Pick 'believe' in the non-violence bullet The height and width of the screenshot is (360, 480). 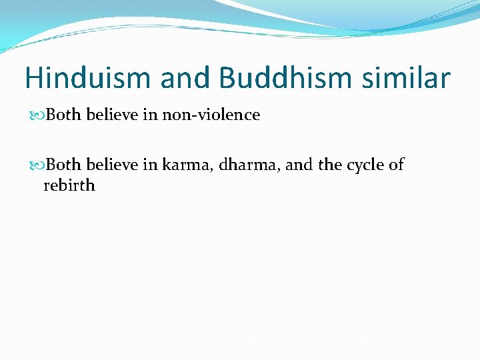click(x=111, y=115)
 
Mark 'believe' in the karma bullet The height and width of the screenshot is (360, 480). click(x=111, y=165)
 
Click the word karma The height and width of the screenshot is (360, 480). click(x=185, y=165)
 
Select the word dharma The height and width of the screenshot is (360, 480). click(x=247, y=165)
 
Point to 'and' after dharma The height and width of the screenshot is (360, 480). click(x=299, y=165)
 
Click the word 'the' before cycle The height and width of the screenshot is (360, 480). click(x=330, y=165)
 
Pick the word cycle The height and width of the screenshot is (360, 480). click(x=366, y=165)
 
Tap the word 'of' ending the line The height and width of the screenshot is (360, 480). click(x=396, y=165)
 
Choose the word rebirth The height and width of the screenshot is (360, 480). click(x=69, y=185)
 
